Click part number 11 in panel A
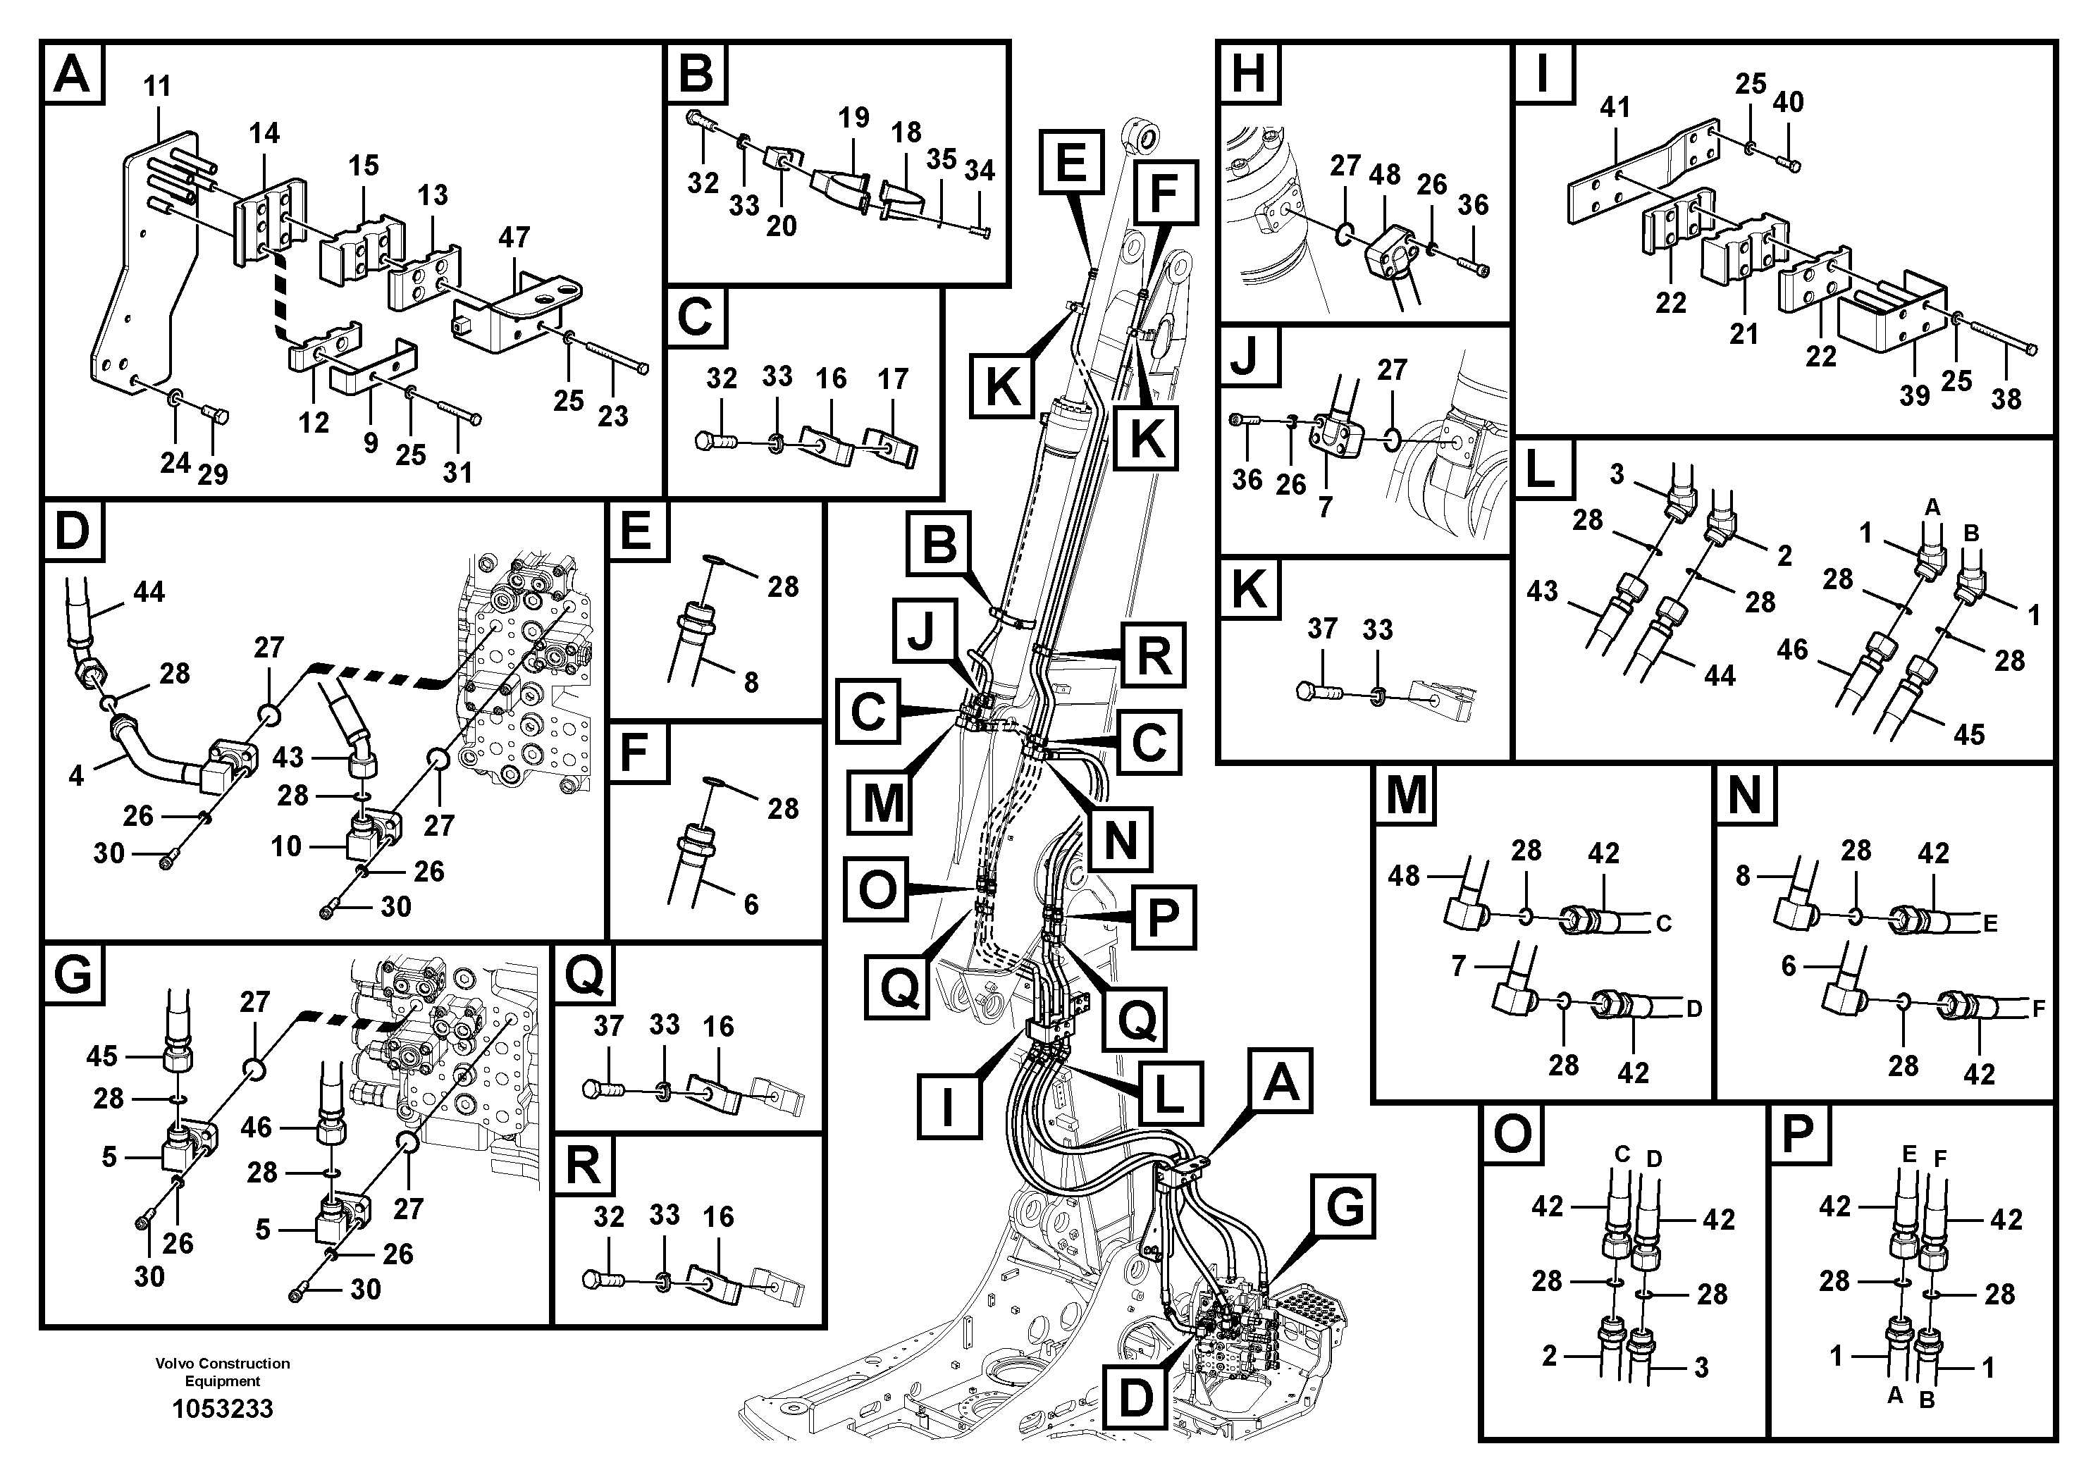click(x=157, y=87)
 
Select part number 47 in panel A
click(x=514, y=237)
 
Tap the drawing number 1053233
click(x=223, y=1408)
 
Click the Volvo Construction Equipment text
click(x=223, y=1371)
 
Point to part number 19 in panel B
click(x=853, y=118)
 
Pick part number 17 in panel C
click(x=893, y=378)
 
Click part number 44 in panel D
click(x=149, y=592)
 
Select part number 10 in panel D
click(x=286, y=846)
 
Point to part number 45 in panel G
click(x=101, y=1056)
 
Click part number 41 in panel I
click(x=1615, y=108)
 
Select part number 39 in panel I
click(x=1914, y=395)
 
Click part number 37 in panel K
click(x=1322, y=629)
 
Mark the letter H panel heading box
click(x=1249, y=73)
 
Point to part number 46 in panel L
click(x=1792, y=650)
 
